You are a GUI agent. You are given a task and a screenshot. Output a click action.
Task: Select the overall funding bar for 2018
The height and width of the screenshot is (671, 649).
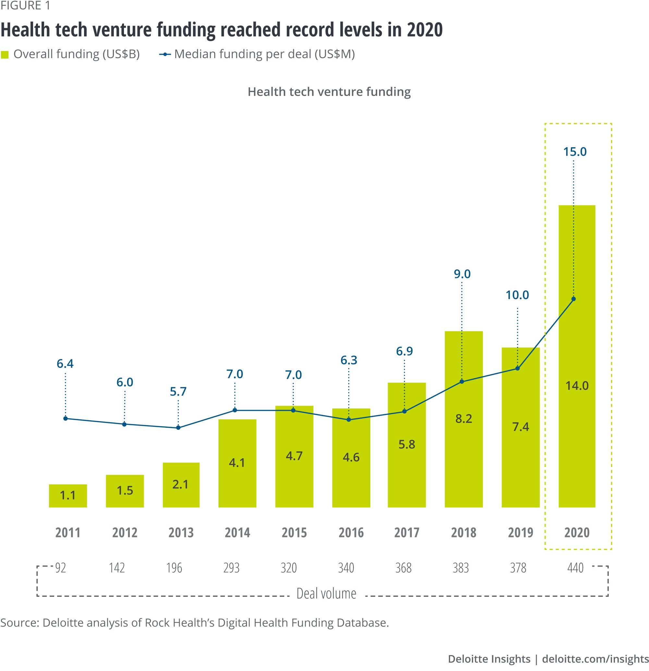tap(463, 419)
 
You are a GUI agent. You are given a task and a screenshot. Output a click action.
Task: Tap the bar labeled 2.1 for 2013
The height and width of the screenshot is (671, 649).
tap(181, 485)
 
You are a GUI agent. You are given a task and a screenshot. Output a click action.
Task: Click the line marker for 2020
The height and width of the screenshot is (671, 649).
tap(573, 299)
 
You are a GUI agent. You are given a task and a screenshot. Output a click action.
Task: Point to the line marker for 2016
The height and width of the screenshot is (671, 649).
tap(349, 419)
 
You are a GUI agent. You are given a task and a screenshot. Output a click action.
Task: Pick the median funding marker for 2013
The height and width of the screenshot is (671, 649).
tap(178, 427)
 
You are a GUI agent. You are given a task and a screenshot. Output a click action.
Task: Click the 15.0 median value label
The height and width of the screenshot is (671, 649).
tap(575, 152)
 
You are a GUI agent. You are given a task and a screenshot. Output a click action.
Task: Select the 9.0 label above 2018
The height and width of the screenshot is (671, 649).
tap(462, 274)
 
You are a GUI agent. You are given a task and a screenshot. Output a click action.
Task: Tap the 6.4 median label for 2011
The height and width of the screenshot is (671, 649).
tap(65, 364)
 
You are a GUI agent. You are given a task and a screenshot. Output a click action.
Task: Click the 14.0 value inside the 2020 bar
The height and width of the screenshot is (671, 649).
tap(577, 386)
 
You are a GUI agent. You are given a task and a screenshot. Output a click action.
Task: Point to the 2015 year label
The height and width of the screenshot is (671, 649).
tap(294, 532)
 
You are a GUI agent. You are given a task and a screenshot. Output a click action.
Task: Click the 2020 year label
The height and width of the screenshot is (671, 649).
tap(577, 532)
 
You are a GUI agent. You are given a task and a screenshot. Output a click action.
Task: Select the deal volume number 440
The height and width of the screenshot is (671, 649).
tap(575, 568)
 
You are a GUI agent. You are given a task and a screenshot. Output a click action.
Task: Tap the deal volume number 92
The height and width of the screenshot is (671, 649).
tap(61, 568)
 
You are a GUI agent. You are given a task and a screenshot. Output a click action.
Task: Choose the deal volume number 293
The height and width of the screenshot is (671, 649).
tap(231, 568)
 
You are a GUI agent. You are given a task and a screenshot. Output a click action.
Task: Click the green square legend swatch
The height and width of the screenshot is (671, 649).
tap(5, 55)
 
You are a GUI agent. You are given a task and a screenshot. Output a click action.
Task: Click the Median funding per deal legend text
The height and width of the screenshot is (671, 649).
tap(264, 54)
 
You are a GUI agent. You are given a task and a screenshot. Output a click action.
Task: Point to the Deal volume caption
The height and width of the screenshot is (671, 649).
tap(326, 593)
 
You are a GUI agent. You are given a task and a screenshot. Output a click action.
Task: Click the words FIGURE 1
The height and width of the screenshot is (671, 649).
tap(25, 6)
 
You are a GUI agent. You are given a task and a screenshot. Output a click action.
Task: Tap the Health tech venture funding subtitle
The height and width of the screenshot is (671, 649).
tap(329, 92)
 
